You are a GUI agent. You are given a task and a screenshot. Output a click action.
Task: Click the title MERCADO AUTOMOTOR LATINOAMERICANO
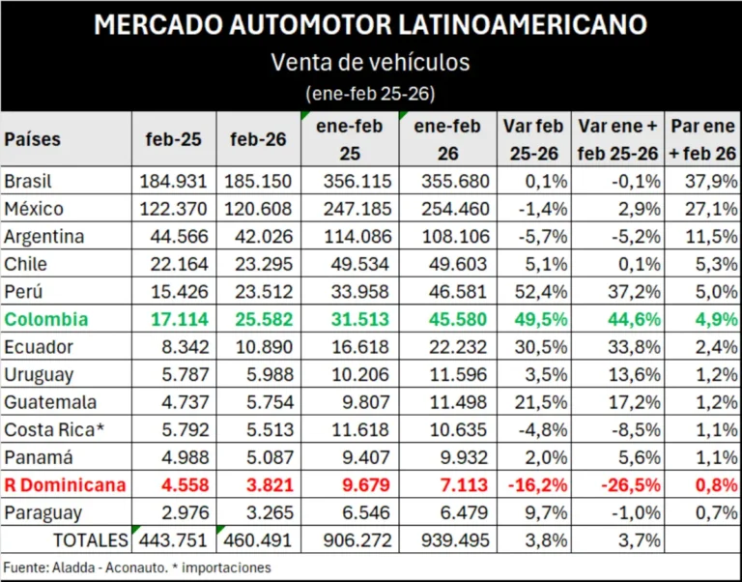pos(370,25)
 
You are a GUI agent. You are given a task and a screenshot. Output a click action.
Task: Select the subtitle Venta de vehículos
pos(370,63)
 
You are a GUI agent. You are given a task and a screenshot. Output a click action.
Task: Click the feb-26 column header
pos(258,139)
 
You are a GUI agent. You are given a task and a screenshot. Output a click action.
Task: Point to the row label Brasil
pos(28,181)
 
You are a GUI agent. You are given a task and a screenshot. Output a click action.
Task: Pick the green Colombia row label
pos(46,319)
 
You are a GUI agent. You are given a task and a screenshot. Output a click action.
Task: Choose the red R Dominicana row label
pos(65,485)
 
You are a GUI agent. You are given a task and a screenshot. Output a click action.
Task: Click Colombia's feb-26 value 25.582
pos(257,319)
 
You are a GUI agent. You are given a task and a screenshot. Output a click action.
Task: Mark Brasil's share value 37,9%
pos(704,181)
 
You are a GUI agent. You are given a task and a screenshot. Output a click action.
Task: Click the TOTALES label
pos(90,540)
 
